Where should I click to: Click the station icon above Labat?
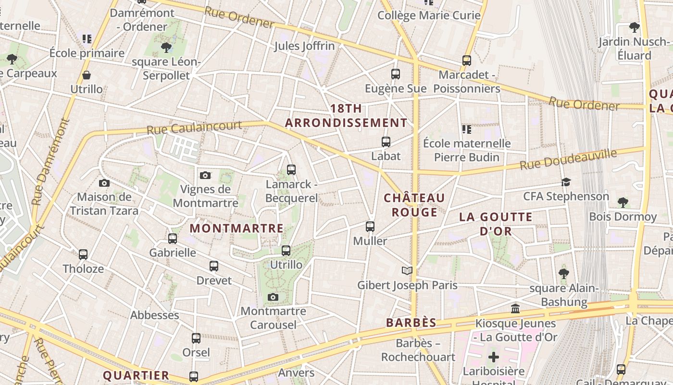[386, 142]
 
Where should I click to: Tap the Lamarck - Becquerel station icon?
[291, 170]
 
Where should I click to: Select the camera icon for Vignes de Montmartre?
[205, 175]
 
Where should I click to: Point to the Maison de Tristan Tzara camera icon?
[104, 183]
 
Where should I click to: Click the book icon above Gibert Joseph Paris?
[407, 270]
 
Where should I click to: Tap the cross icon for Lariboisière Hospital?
[493, 358]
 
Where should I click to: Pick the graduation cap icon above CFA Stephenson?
[566, 182]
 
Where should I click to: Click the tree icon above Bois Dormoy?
[623, 202]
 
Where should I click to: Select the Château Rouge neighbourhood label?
[414, 205]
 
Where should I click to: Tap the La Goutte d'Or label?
[496, 224]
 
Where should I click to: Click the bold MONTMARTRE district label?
[237, 228]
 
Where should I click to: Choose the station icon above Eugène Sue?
[395, 74]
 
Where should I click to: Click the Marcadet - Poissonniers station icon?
[466, 61]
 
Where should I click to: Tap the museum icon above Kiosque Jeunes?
[515, 308]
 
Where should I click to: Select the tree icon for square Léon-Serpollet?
[166, 47]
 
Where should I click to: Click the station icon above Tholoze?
[83, 254]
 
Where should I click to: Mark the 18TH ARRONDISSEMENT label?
[346, 115]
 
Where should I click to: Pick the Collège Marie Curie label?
[429, 15]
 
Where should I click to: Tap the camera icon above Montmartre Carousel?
[273, 297]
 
